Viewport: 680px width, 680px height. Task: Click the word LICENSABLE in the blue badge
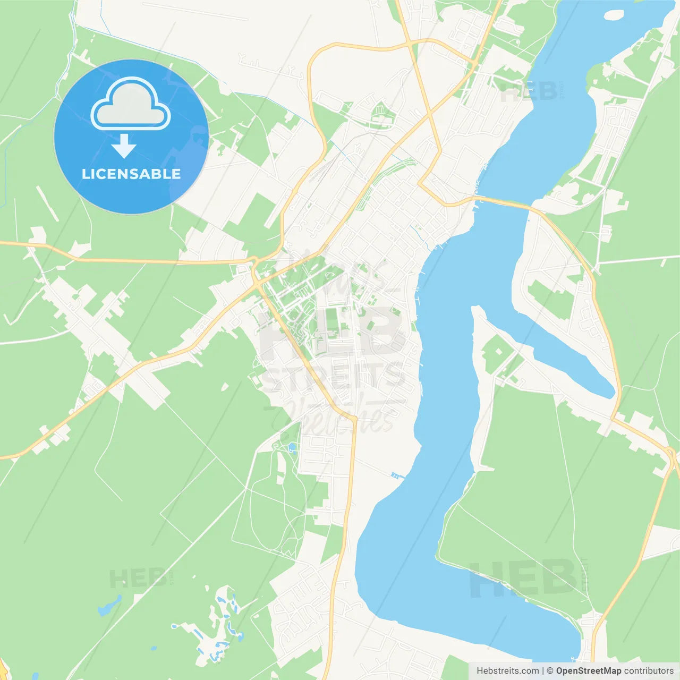[131, 174]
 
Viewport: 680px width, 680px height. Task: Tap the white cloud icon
[131, 105]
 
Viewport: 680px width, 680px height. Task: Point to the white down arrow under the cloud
[124, 146]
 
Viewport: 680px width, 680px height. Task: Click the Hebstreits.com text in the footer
[508, 671]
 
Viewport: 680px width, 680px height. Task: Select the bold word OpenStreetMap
[589, 671]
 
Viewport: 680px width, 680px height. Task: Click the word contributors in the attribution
[649, 671]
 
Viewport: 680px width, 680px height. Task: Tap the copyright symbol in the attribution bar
[550, 671]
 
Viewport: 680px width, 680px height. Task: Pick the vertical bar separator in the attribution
[543, 671]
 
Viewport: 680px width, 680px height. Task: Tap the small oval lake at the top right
[614, 15]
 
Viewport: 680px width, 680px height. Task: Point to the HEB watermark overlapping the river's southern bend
[523, 578]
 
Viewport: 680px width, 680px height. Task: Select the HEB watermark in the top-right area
[529, 92]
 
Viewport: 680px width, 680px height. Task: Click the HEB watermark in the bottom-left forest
[138, 578]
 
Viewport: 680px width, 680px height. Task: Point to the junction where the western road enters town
[254, 262]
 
